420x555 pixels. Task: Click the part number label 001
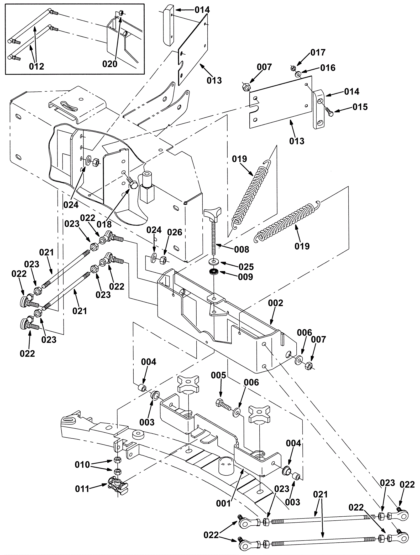223,504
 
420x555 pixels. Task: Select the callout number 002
275,303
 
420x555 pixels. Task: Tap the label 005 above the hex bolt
218,375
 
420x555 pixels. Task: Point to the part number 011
82,489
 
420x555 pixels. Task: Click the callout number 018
104,224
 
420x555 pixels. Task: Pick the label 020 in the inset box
110,64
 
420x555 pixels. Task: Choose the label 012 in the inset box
36,66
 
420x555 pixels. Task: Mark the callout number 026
175,232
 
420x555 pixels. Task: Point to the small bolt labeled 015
328,112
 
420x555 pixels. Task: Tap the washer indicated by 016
298,75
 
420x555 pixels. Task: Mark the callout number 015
360,107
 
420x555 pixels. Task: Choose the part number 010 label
82,465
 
